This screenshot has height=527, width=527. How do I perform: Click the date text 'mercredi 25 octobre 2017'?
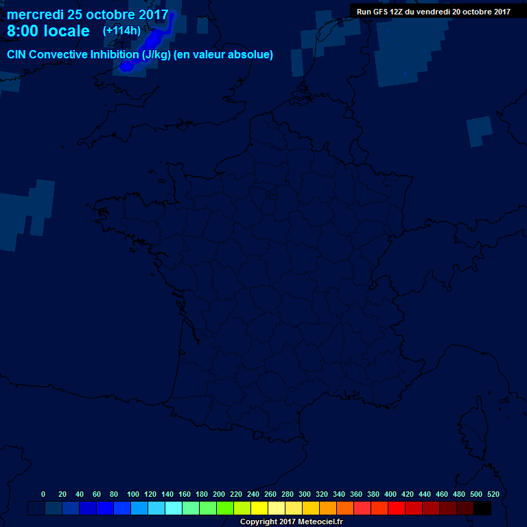click(87, 14)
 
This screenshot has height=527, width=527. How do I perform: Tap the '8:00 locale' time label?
click(48, 32)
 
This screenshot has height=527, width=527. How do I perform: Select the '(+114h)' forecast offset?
click(121, 30)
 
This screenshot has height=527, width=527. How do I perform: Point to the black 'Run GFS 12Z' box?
click(433, 11)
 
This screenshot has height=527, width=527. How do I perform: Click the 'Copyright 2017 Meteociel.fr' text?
click(291, 522)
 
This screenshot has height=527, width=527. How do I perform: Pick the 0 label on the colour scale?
click(43, 494)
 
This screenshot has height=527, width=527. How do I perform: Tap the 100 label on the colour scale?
click(133, 494)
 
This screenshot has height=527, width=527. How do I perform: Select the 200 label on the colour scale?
click(219, 494)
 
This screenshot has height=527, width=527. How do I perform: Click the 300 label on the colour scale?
click(305, 494)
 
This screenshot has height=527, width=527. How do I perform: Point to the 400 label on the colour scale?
click(390, 494)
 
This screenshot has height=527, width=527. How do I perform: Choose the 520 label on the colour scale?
click(493, 494)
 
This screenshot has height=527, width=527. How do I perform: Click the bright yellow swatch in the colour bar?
click(259, 508)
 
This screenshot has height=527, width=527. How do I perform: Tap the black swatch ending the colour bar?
click(482, 508)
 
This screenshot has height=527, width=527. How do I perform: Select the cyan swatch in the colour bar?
click(174, 508)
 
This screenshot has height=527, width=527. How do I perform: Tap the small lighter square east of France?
click(479, 131)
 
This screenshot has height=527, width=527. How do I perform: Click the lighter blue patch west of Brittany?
click(27, 213)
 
